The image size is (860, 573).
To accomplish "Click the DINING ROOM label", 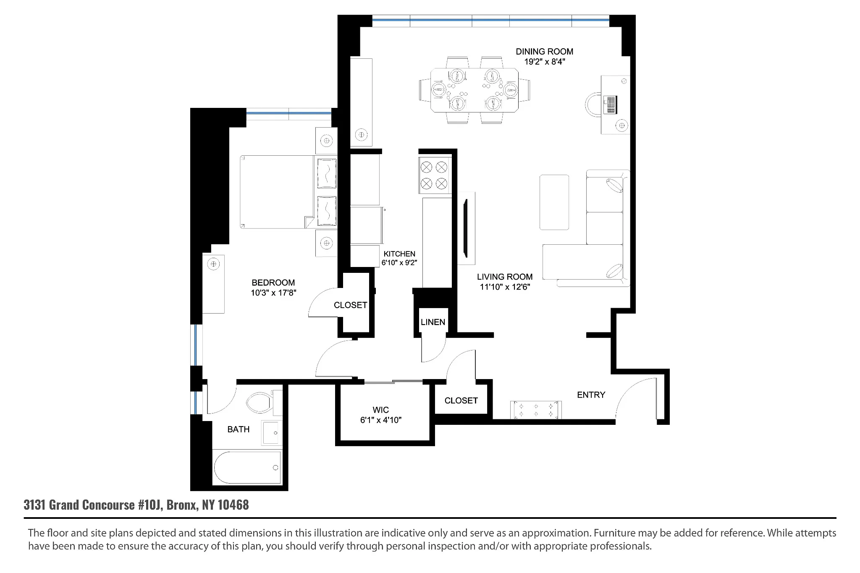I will point(544,52).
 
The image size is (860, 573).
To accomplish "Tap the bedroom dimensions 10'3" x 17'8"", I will point(273,293).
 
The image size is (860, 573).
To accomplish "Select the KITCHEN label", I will point(399,254).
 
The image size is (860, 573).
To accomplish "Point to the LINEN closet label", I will point(433,322).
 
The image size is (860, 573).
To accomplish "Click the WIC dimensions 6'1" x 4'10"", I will point(380,420).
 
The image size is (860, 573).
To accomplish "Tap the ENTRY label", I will point(591,395).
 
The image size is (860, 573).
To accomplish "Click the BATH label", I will point(238,429).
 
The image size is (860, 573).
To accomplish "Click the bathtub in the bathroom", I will point(247,468).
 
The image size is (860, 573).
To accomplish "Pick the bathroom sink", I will point(271,432).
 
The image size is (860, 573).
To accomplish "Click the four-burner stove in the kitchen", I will point(434,176).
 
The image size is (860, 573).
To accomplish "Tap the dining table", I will point(474,90).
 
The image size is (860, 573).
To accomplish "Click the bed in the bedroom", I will point(277,192).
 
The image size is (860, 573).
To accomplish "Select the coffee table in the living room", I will point(554,202).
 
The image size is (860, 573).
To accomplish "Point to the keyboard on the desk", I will point(610,104).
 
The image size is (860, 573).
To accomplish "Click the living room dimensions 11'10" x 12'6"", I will point(505,287).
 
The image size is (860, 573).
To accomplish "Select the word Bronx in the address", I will point(182,505).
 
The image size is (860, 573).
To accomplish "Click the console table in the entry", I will point(536,410).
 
